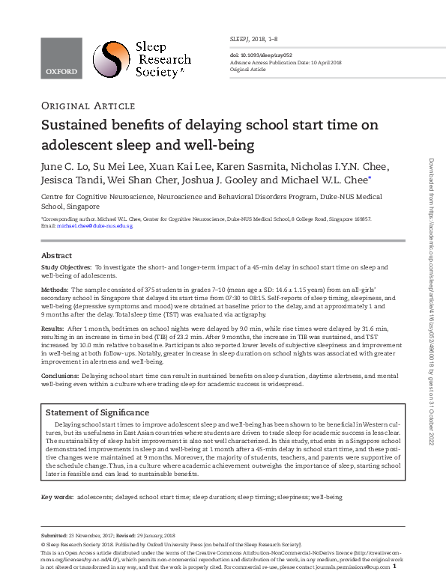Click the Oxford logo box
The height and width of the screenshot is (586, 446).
[61, 58]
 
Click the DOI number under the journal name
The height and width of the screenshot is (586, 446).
[257, 55]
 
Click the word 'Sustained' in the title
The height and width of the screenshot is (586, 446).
[80, 124]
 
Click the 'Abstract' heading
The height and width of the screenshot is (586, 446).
[56, 255]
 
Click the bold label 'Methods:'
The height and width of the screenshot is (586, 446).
[55, 289]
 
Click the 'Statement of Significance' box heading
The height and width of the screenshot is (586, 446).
[97, 412]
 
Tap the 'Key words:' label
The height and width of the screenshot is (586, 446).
[56, 497]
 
